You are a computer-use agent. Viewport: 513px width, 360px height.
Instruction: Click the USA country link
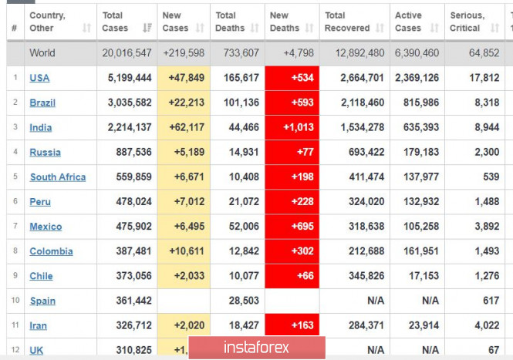click(39, 78)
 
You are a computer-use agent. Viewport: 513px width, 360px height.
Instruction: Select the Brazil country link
click(42, 103)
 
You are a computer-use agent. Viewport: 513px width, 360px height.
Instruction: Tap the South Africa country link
click(58, 177)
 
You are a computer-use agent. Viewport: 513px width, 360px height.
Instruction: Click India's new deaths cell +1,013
click(292, 127)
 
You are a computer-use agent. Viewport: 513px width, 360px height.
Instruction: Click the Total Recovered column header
click(346, 22)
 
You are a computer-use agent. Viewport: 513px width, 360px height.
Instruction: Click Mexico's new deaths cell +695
click(292, 226)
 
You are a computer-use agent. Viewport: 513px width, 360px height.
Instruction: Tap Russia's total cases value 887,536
click(130, 152)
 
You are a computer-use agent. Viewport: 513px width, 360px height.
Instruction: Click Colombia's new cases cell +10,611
click(182, 251)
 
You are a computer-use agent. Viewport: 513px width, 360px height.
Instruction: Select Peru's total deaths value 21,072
click(238, 201)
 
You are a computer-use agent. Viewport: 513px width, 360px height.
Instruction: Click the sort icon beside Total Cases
click(147, 29)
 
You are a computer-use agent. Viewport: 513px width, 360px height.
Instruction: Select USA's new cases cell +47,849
click(182, 78)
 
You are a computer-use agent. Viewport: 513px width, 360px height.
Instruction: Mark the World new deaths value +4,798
click(292, 53)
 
